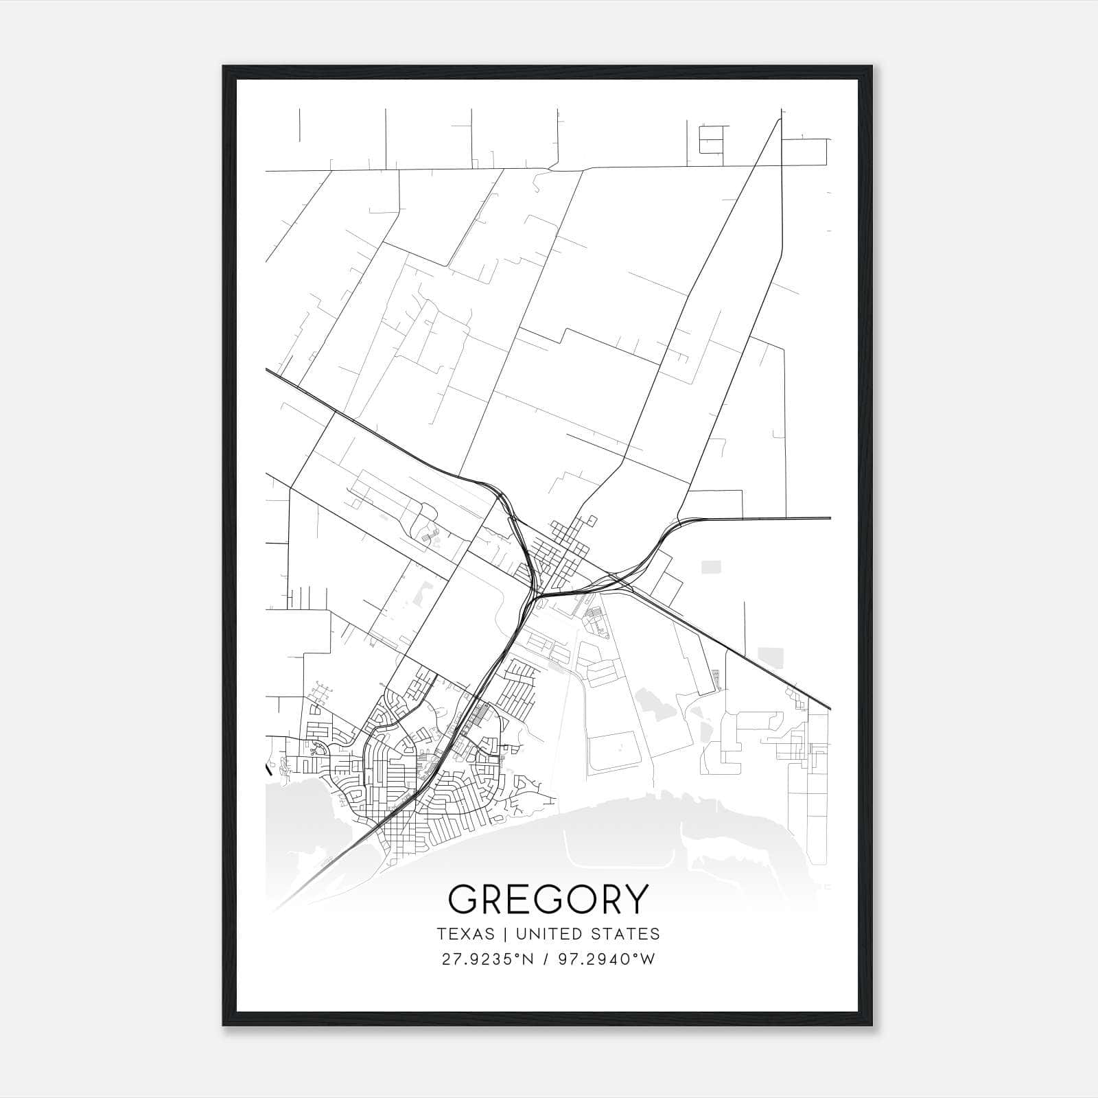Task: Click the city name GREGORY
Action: (x=548, y=898)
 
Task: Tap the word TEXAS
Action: (x=465, y=934)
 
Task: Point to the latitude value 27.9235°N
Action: (x=487, y=959)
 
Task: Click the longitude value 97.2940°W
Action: (x=606, y=959)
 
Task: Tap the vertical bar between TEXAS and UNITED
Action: (x=504, y=934)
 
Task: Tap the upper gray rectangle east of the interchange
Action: (x=712, y=567)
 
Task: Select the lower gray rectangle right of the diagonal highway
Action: (x=769, y=654)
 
